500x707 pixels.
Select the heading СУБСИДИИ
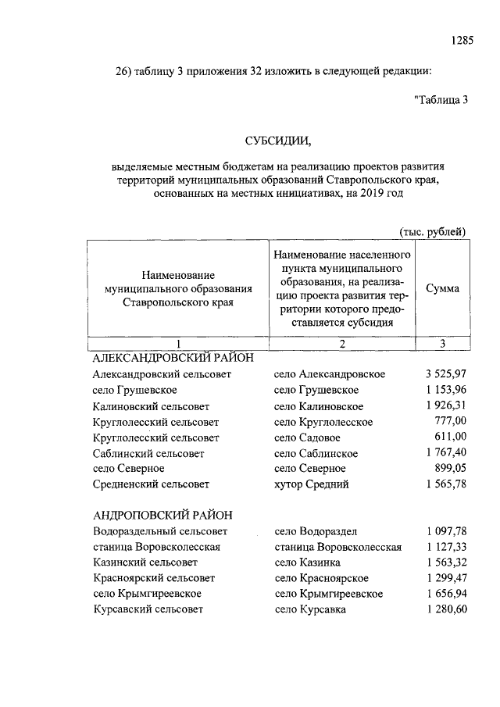277,141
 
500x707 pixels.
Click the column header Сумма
442,289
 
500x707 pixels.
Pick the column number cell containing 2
342,345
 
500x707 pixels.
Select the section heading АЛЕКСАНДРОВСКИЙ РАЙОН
173,358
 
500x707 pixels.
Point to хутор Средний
312,484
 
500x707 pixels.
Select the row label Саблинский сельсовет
148,453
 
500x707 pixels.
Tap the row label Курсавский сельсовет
148,609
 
